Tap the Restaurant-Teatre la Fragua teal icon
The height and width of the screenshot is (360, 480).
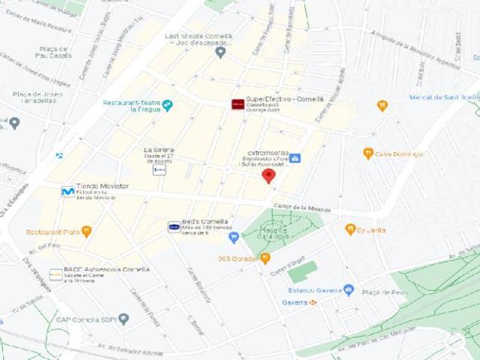pos(167,105)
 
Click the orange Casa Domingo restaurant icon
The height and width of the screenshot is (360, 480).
pos(368,153)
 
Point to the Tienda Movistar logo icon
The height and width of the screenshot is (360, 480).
pos(67,191)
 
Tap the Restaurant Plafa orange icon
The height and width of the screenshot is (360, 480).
pos(87,231)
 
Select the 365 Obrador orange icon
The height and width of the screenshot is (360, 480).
pos(265,259)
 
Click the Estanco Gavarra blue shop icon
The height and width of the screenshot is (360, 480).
pos(348,289)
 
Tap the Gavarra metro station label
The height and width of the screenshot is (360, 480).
pos(295,302)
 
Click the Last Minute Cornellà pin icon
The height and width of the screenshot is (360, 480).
pos(220,52)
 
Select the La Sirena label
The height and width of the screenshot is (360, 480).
pos(158,150)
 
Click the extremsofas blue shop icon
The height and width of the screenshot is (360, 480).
pos(295,158)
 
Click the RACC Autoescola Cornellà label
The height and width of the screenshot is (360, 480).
pos(106,269)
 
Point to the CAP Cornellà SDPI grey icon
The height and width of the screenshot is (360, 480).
pos(124,319)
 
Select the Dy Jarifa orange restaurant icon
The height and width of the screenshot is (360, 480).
pos(349,229)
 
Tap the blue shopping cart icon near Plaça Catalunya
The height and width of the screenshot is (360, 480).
pos(233,238)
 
